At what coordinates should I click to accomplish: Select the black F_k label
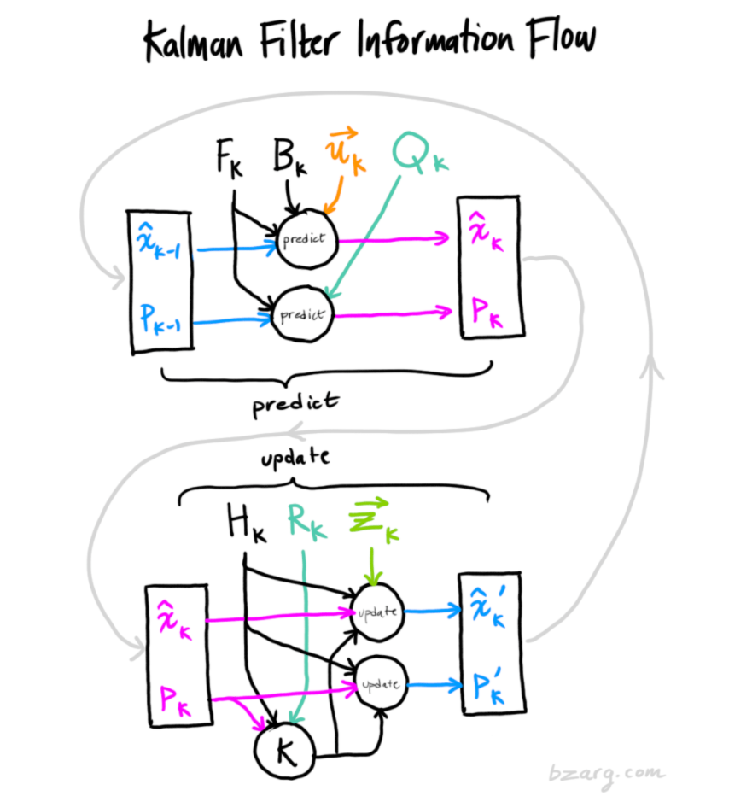228,160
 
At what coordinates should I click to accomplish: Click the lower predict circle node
303,314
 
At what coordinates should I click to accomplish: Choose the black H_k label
246,524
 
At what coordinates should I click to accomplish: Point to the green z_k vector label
373,524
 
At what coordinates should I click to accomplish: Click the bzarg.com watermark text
605,772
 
